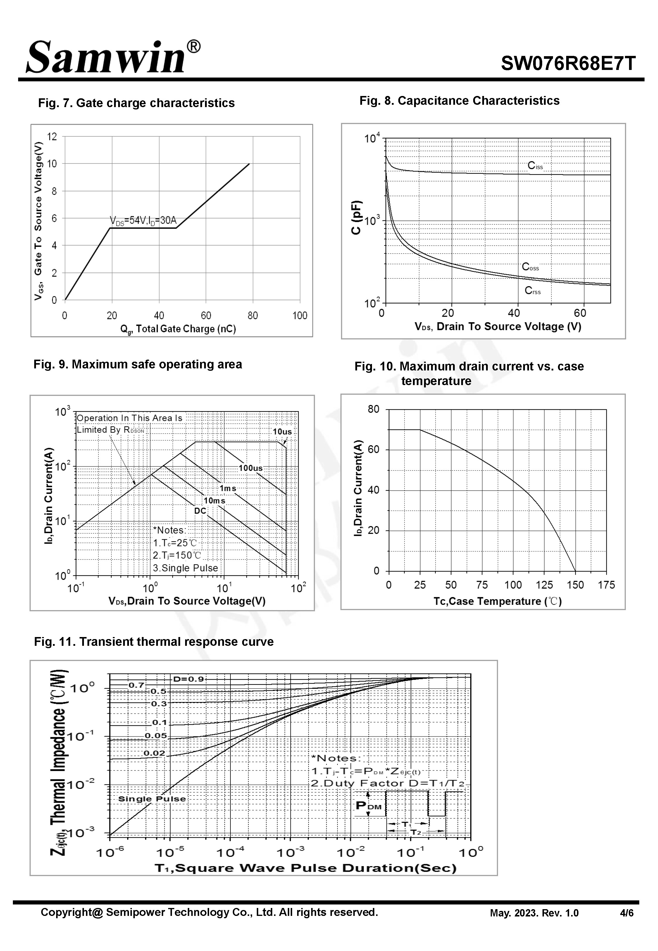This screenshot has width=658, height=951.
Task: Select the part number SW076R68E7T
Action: point(568,63)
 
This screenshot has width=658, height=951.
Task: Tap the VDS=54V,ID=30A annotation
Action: point(143,220)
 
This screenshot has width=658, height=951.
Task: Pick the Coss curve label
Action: point(530,267)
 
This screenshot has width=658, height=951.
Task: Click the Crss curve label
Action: point(532,291)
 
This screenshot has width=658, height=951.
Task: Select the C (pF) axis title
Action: point(356,217)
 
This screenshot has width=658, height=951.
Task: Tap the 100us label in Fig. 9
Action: point(250,468)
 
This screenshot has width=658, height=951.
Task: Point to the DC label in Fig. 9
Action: point(200,511)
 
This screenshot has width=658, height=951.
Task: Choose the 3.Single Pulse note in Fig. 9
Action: point(185,568)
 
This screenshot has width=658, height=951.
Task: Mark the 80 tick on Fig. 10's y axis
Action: point(373,409)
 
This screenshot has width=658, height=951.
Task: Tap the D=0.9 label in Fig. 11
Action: point(188,679)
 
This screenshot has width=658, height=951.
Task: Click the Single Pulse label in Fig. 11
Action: point(152,799)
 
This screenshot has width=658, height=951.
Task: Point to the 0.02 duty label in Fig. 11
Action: point(154,753)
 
